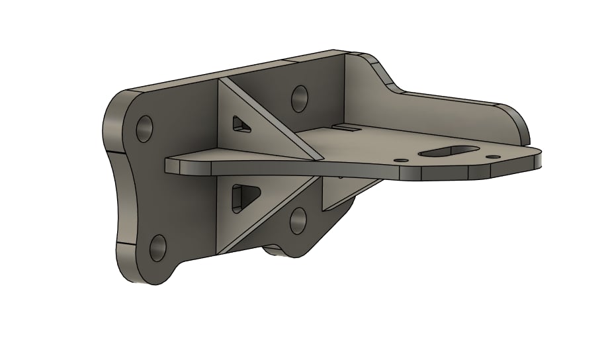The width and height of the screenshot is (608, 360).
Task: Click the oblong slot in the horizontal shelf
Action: tap(450, 152)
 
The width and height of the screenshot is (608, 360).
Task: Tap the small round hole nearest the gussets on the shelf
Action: tap(399, 160)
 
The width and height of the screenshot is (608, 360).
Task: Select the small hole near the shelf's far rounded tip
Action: tap(492, 157)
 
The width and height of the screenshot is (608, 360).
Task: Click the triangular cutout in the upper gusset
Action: tap(240, 124)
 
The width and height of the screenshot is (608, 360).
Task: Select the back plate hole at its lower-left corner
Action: tap(158, 247)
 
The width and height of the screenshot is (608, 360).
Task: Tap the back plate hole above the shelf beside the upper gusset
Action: tap(299, 98)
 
